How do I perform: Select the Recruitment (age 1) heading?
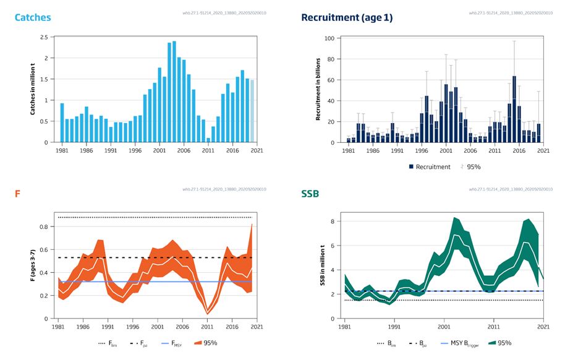(346, 17)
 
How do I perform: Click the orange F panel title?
(17, 194)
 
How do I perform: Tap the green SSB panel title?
(312, 194)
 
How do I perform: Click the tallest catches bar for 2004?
(174, 92)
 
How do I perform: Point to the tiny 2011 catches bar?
(208, 140)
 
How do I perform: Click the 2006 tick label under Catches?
(184, 150)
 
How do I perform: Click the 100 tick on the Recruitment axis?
(329, 38)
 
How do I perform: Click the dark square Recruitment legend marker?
(411, 166)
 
